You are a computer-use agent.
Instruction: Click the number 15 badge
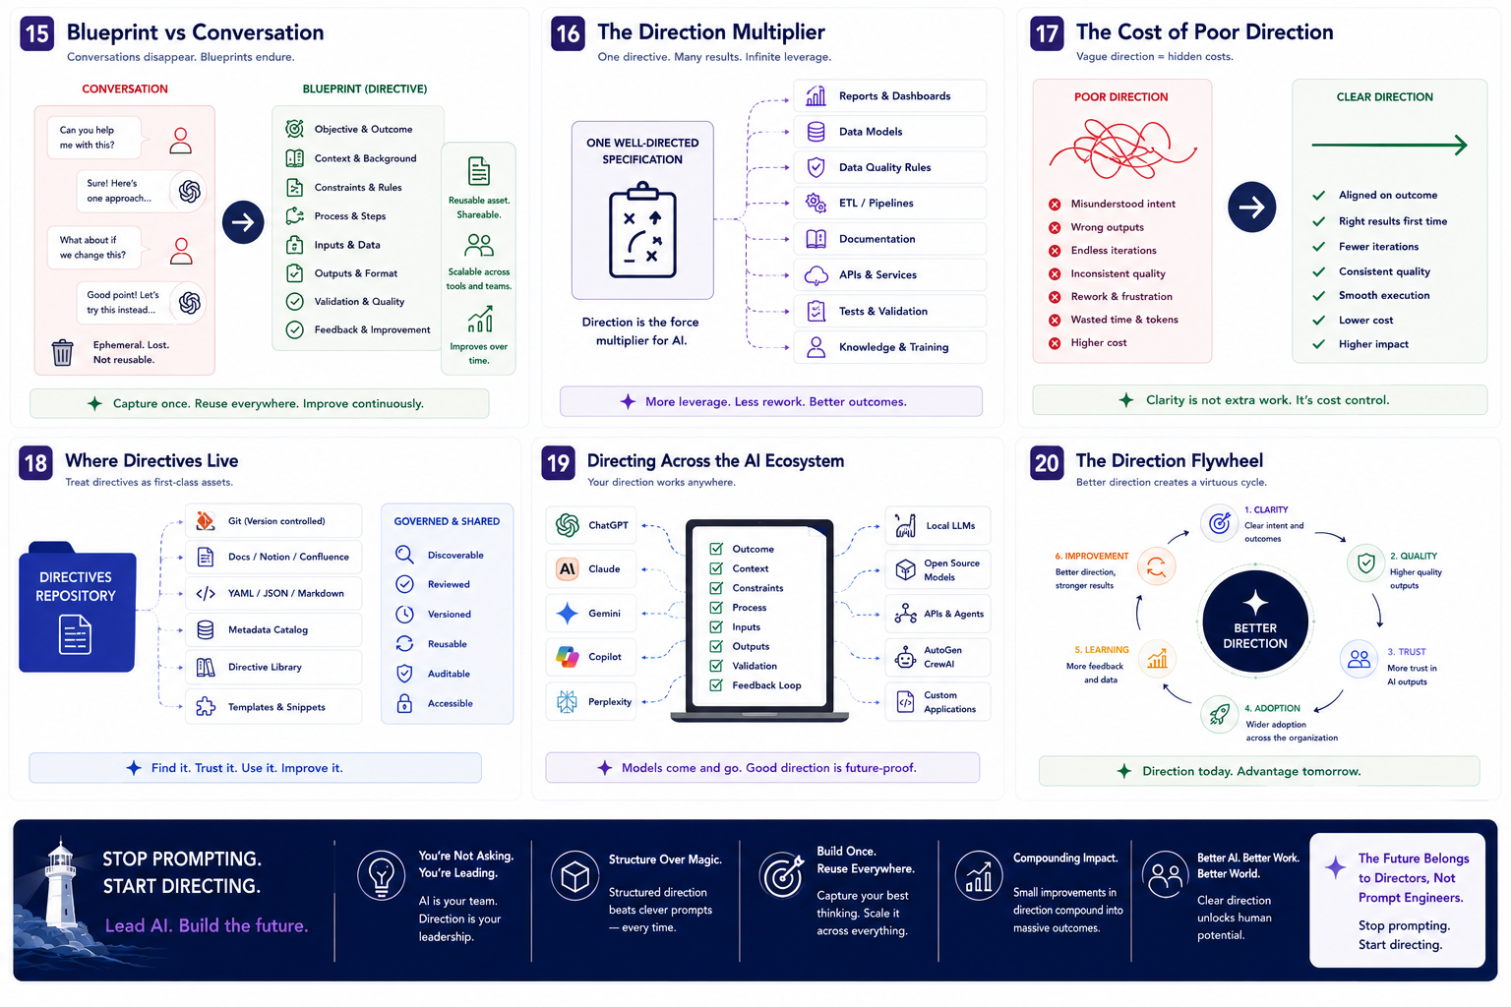click(37, 33)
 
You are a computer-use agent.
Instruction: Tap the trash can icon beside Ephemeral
click(62, 352)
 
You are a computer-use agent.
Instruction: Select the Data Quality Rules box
click(889, 167)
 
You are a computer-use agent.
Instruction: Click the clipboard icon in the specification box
click(642, 230)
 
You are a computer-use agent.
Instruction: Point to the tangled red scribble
click(1121, 148)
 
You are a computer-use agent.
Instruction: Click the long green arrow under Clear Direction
click(1390, 145)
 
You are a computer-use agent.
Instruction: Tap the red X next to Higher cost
click(1055, 343)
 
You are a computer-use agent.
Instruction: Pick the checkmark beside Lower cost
click(1319, 321)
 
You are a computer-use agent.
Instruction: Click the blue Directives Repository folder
click(76, 607)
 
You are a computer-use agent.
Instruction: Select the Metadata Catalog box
click(273, 630)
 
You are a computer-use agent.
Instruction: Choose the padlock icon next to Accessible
click(404, 703)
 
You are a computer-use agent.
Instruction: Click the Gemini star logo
click(568, 613)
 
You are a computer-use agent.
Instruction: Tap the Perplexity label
click(610, 702)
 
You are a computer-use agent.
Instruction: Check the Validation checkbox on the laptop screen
click(716, 666)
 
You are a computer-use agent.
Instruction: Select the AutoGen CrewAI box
click(937, 657)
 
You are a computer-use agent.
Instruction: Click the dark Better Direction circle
click(1255, 622)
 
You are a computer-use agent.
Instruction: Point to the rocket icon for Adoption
click(1219, 714)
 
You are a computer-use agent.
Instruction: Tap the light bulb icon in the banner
click(381, 876)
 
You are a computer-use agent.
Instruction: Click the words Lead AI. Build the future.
click(207, 925)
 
